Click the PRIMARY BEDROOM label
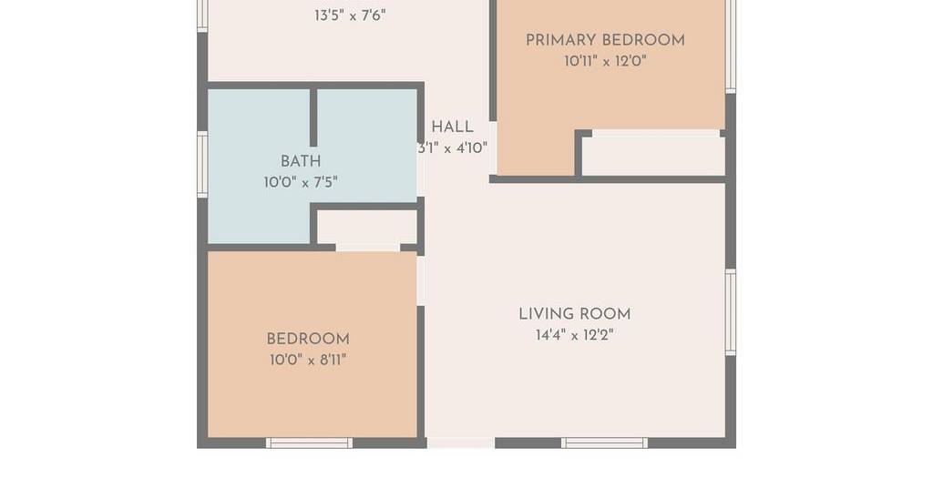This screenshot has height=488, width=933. coord(605,40)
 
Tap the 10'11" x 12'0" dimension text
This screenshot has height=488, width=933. coord(605,61)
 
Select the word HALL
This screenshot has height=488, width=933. coord(452,127)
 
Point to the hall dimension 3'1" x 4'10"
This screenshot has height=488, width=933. coord(453,148)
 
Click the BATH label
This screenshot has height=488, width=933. coord(301,161)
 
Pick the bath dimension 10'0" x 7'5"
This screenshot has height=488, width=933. coord(301,182)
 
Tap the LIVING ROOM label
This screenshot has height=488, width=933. coord(575,314)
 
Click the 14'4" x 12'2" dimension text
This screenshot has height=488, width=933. coord(575,335)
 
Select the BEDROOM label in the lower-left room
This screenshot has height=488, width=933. coord(308,340)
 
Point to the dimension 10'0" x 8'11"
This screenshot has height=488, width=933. coord(308,361)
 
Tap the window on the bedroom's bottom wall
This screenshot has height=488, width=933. coord(310,442)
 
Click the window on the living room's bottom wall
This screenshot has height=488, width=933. coord(605,442)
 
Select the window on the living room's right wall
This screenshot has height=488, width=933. coord(731,312)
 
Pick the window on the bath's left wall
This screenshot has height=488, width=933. coord(202,165)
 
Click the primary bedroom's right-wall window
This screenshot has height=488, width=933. coord(731,46)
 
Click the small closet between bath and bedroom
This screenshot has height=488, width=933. coord(366,227)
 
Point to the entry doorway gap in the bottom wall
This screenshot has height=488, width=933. coord(460,442)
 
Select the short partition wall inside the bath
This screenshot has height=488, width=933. coord(313,117)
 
